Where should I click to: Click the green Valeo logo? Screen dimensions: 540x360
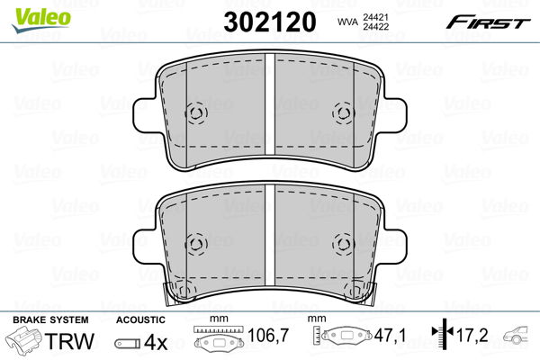(x=41, y=20)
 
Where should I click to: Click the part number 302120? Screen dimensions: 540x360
(x=270, y=22)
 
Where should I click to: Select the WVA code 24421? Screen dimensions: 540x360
(x=375, y=17)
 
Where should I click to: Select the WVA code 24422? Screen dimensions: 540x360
(x=375, y=26)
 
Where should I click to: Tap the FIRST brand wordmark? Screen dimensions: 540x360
(x=488, y=22)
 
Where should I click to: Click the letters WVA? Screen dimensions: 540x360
(x=347, y=22)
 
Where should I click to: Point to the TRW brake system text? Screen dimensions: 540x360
(x=69, y=341)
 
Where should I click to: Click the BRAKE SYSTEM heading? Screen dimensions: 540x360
(x=50, y=319)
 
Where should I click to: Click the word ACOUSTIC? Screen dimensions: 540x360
(x=140, y=319)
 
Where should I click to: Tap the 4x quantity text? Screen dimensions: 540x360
(x=156, y=342)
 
